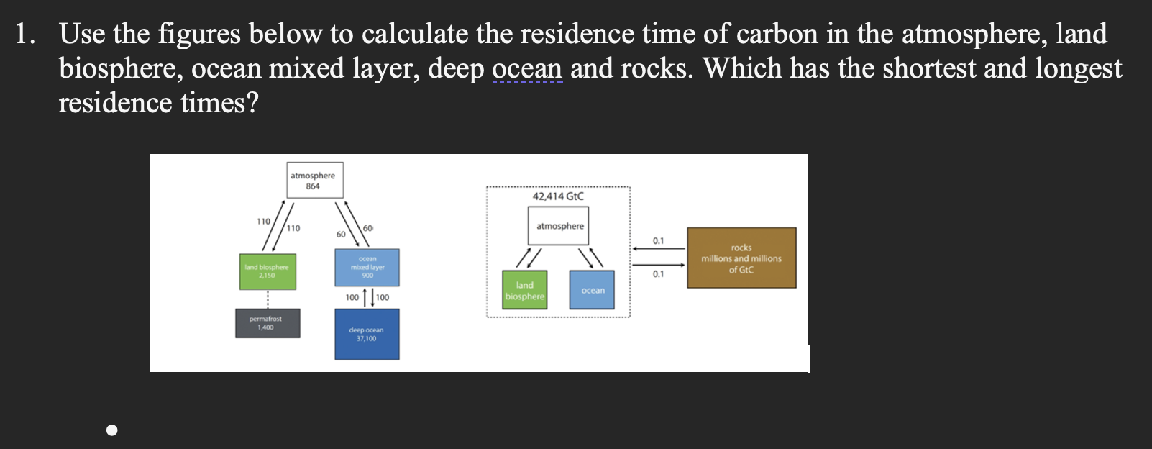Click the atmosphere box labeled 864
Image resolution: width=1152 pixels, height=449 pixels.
click(x=314, y=180)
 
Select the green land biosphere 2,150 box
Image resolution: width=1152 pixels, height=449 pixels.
click(x=268, y=271)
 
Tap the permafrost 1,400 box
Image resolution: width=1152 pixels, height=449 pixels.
click(x=267, y=323)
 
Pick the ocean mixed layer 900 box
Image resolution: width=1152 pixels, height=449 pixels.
click(x=367, y=268)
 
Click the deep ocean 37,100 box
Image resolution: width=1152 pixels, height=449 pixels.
click(x=367, y=334)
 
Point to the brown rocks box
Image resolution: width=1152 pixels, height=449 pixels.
click(x=741, y=258)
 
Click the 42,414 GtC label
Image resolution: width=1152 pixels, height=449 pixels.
click(x=558, y=196)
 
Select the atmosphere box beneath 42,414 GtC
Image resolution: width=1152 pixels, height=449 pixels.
click(x=559, y=225)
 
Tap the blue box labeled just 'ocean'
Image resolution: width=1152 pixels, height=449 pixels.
click(x=592, y=290)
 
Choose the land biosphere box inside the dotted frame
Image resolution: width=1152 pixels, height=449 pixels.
click(x=525, y=291)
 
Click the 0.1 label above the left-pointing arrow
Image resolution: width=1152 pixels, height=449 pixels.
click(x=659, y=240)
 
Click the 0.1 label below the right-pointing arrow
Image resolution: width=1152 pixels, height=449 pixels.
click(x=659, y=274)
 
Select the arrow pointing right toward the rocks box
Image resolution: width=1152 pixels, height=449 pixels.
click(x=659, y=264)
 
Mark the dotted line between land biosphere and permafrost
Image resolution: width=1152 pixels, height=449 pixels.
click(x=268, y=299)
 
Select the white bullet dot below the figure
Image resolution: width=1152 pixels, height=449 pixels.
click(x=111, y=430)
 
